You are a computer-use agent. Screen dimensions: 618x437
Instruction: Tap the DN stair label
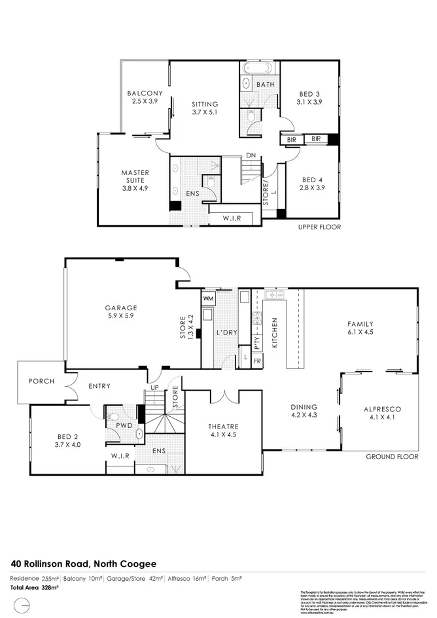coord(251,155)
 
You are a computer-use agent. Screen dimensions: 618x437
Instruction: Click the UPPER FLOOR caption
coord(320,227)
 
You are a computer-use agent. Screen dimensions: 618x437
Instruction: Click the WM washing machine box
coord(209,299)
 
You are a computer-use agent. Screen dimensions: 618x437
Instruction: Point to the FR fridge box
coord(257,361)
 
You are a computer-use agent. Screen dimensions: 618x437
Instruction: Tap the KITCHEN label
coord(275,331)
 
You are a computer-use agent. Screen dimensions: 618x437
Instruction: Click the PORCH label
coord(41,382)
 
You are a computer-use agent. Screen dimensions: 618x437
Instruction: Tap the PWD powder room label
coord(124,425)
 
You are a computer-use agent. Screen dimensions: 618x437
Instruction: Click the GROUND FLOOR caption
coord(391,457)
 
